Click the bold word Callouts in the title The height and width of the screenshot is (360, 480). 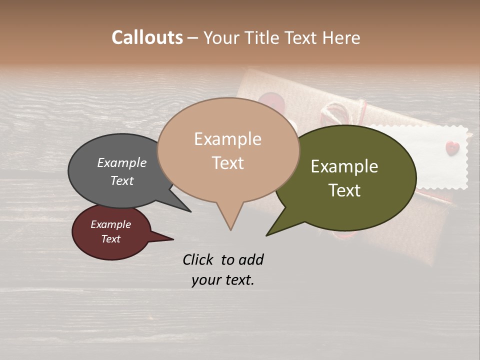(147, 37)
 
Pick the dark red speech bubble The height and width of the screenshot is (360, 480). (111, 232)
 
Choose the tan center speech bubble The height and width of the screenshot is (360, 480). (228, 150)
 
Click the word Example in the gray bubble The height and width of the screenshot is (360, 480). (121, 162)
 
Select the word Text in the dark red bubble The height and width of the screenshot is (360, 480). (111, 239)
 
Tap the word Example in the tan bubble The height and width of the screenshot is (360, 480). (227, 139)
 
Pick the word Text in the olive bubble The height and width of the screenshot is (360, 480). (345, 190)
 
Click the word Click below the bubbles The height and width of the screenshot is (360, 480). (199, 259)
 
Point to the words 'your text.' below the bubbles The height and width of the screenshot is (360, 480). (223, 280)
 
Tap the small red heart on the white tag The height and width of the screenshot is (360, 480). (452, 147)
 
